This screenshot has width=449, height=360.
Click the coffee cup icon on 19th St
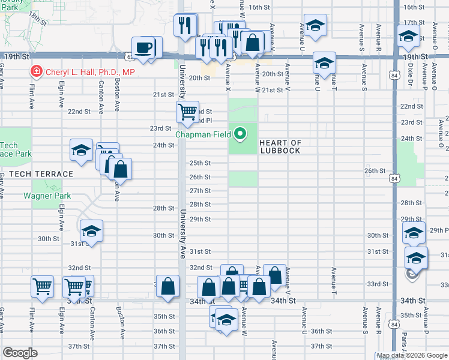pyautogui.click(x=143, y=47)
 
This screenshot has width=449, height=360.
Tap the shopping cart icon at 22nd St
pyautogui.click(x=187, y=111)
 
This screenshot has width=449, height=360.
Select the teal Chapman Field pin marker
pyautogui.click(x=241, y=133)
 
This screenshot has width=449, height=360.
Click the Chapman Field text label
pyautogui.click(x=203, y=134)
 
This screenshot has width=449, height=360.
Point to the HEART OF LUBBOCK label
pyautogui.click(x=280, y=146)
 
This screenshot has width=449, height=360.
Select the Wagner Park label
pyautogui.click(x=47, y=196)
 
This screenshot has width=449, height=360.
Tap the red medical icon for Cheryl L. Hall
pyautogui.click(x=36, y=71)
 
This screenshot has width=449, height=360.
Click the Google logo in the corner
pyautogui.click(x=20, y=353)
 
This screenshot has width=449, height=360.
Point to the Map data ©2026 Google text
pyautogui.click(x=412, y=356)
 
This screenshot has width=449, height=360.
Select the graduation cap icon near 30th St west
pyautogui.click(x=91, y=230)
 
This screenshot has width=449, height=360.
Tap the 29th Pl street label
pyautogui.click(x=438, y=230)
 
